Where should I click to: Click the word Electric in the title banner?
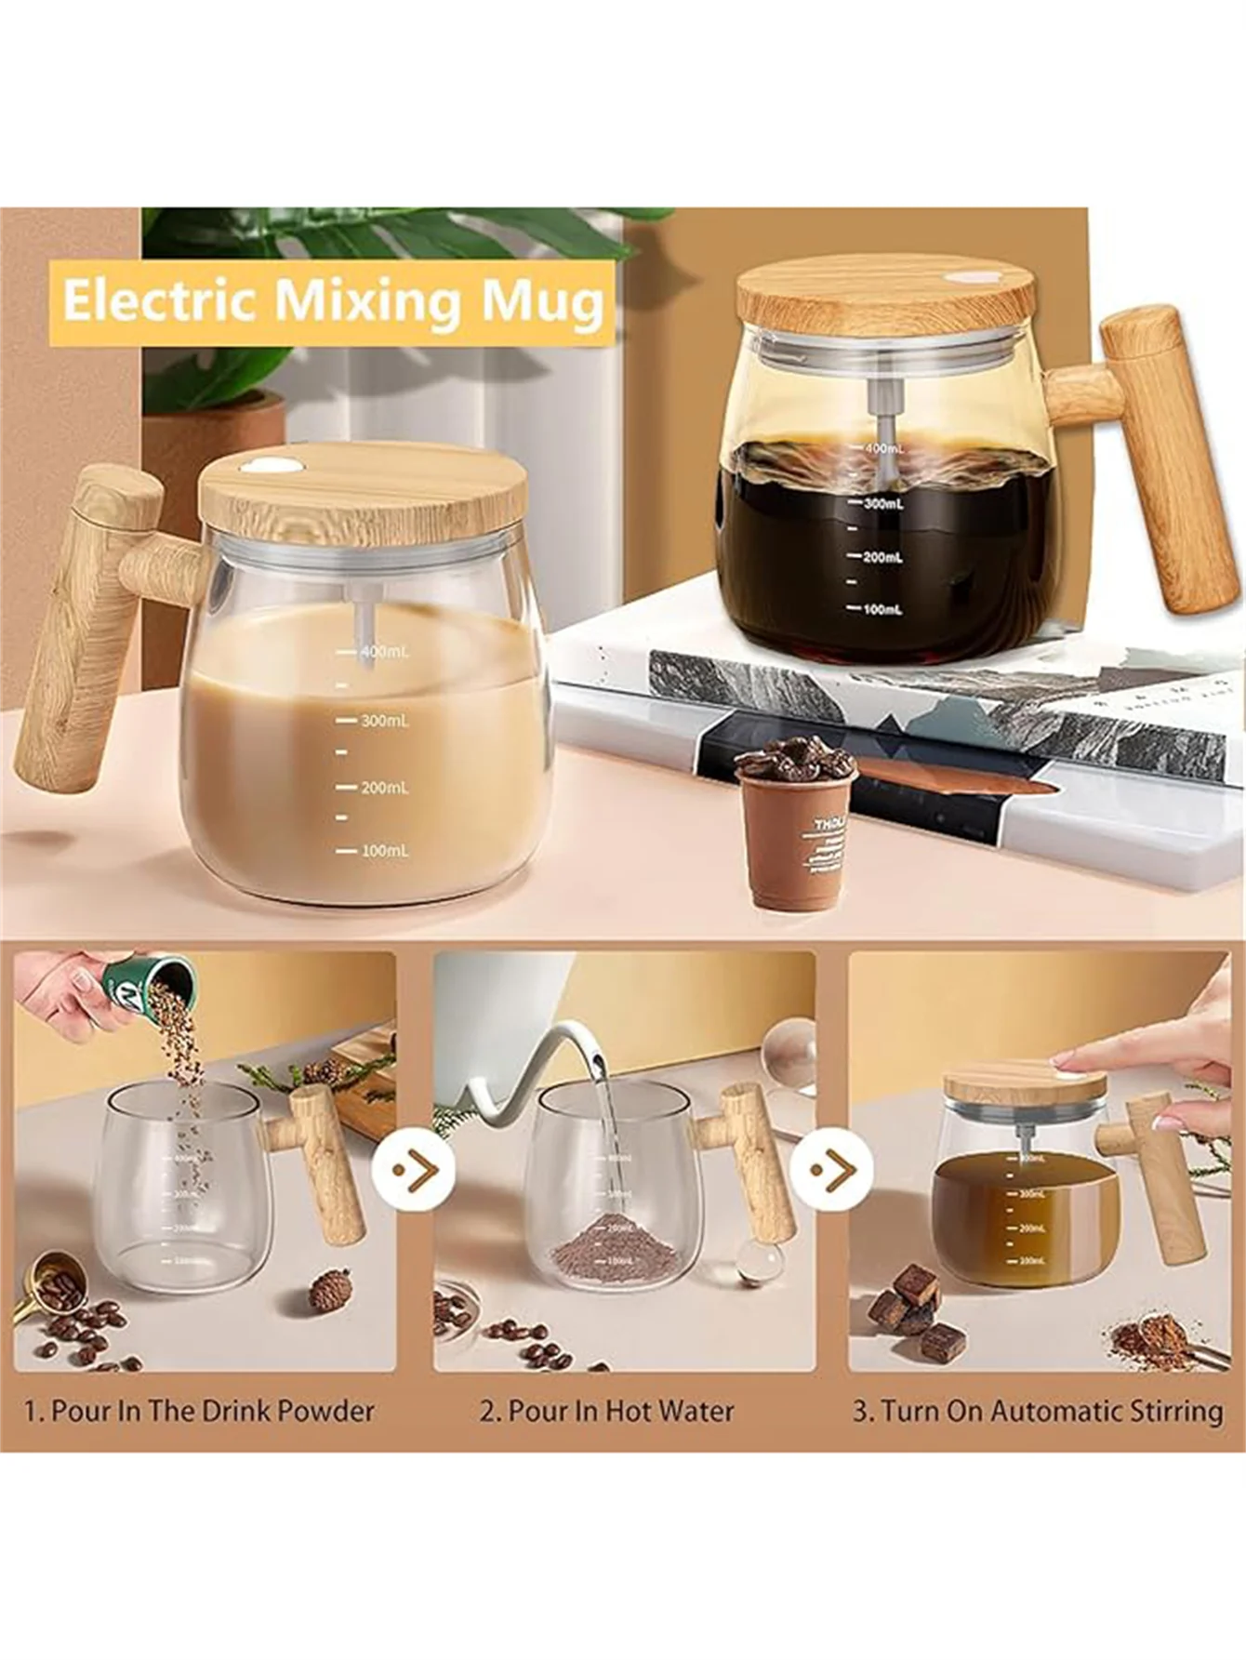(157, 300)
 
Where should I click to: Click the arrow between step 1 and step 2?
(413, 1168)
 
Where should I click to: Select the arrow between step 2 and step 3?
(831, 1168)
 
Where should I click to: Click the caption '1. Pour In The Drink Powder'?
(199, 1411)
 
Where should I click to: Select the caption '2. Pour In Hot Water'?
(606, 1411)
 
